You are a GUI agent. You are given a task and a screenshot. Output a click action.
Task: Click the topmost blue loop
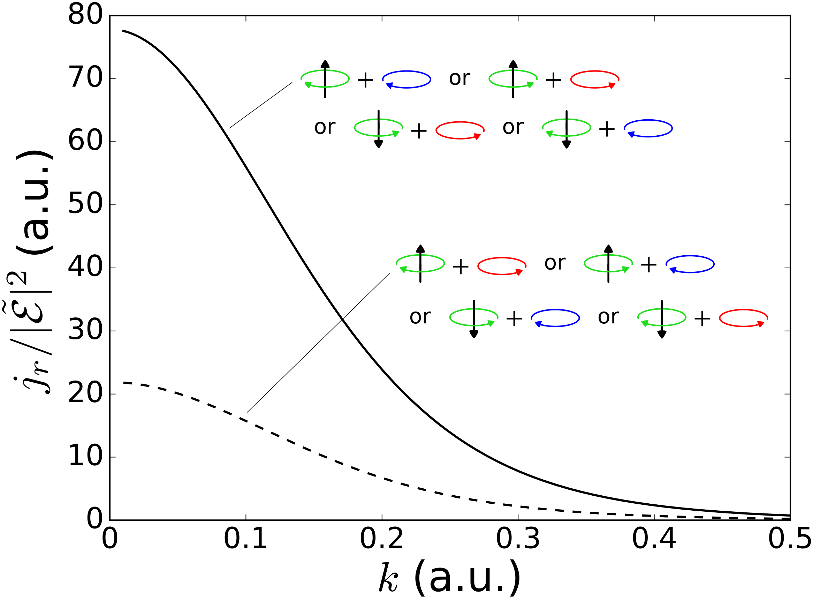coord(406,71)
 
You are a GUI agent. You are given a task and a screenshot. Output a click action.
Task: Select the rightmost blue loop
coord(690,256)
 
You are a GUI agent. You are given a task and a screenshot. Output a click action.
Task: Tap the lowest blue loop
coord(555,310)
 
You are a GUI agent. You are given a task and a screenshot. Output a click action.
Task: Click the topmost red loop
coord(595,71)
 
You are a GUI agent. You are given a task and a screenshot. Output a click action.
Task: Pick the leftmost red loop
coord(460,122)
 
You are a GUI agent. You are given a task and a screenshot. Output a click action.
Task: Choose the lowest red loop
coord(744,310)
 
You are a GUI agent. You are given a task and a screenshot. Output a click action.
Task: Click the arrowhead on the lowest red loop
coord(761,324)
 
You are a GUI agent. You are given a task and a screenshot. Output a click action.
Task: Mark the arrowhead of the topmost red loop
coord(612,85)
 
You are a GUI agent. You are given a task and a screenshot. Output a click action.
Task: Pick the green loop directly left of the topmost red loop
coord(513,70)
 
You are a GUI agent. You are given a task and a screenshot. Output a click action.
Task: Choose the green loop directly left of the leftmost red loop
coord(379,119)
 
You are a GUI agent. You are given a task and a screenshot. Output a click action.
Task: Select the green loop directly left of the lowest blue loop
coord(474,309)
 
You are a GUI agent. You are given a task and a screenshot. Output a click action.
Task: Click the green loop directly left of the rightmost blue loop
coord(608,255)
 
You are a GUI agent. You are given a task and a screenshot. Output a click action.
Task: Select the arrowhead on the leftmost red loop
coord(477,136)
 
